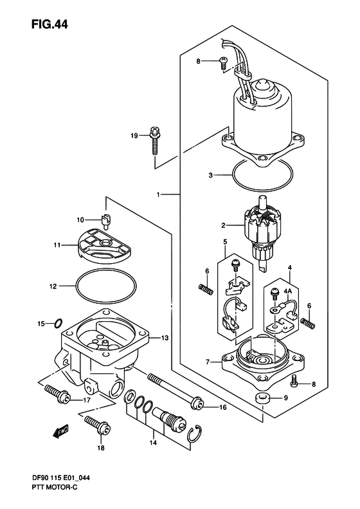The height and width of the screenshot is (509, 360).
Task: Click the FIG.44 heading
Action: click(x=50, y=24)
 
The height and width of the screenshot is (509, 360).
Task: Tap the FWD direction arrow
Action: click(x=60, y=431)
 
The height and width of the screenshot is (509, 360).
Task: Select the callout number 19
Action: click(x=134, y=136)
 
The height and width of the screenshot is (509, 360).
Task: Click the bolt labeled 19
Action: click(x=155, y=140)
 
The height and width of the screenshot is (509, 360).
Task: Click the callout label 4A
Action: click(x=288, y=292)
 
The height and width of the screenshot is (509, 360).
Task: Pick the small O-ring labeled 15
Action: click(x=59, y=323)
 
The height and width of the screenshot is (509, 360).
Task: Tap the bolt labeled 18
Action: click(x=96, y=425)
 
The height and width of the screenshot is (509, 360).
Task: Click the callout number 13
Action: click(x=165, y=338)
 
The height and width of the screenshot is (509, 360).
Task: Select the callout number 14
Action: click(x=153, y=442)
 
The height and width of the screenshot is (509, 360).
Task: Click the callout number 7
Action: click(x=208, y=362)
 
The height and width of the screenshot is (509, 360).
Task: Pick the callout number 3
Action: click(x=210, y=175)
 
